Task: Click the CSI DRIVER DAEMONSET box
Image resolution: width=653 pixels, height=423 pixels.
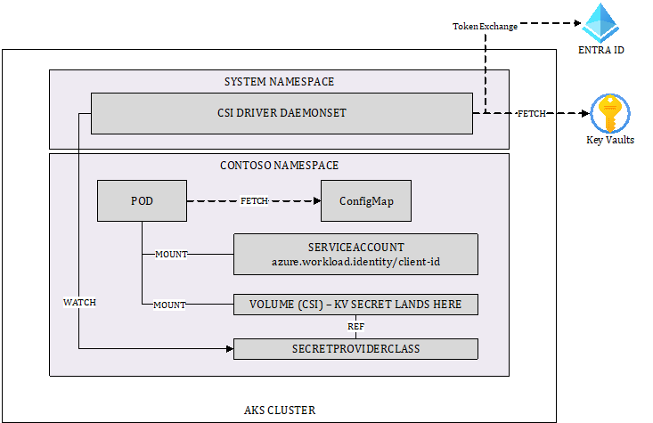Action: pyautogui.click(x=282, y=113)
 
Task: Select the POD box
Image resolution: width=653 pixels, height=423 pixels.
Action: pyautogui.click(x=141, y=201)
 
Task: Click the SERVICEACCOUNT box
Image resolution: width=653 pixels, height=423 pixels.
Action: pyautogui.click(x=355, y=254)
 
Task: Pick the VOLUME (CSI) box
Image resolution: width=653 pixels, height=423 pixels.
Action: pyautogui.click(x=355, y=305)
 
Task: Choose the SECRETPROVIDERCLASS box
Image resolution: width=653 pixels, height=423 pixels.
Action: pyautogui.click(x=355, y=349)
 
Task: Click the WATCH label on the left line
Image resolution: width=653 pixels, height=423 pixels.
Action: pyautogui.click(x=79, y=302)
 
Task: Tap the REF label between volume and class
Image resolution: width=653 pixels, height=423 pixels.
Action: pyautogui.click(x=356, y=327)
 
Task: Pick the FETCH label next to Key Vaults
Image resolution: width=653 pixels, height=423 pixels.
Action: pyautogui.click(x=532, y=114)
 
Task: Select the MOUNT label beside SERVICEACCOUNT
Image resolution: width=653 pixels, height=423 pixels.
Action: pyautogui.click(x=171, y=254)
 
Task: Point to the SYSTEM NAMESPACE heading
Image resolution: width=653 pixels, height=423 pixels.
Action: pyautogui.click(x=279, y=82)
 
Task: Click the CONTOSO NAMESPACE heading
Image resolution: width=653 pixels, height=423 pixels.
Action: pyautogui.click(x=279, y=166)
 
